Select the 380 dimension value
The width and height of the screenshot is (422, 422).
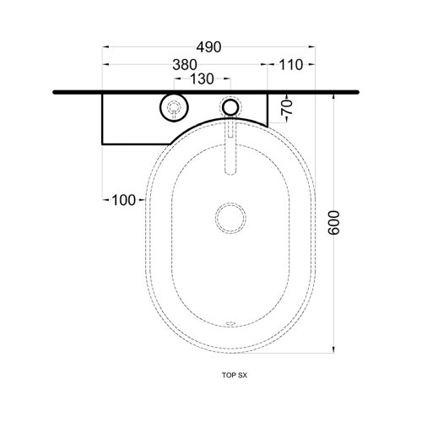185,65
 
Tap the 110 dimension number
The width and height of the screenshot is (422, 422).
291,65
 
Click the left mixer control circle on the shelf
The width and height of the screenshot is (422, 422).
175,107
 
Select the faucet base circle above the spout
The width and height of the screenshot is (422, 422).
230,107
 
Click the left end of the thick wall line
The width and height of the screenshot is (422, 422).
55,91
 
